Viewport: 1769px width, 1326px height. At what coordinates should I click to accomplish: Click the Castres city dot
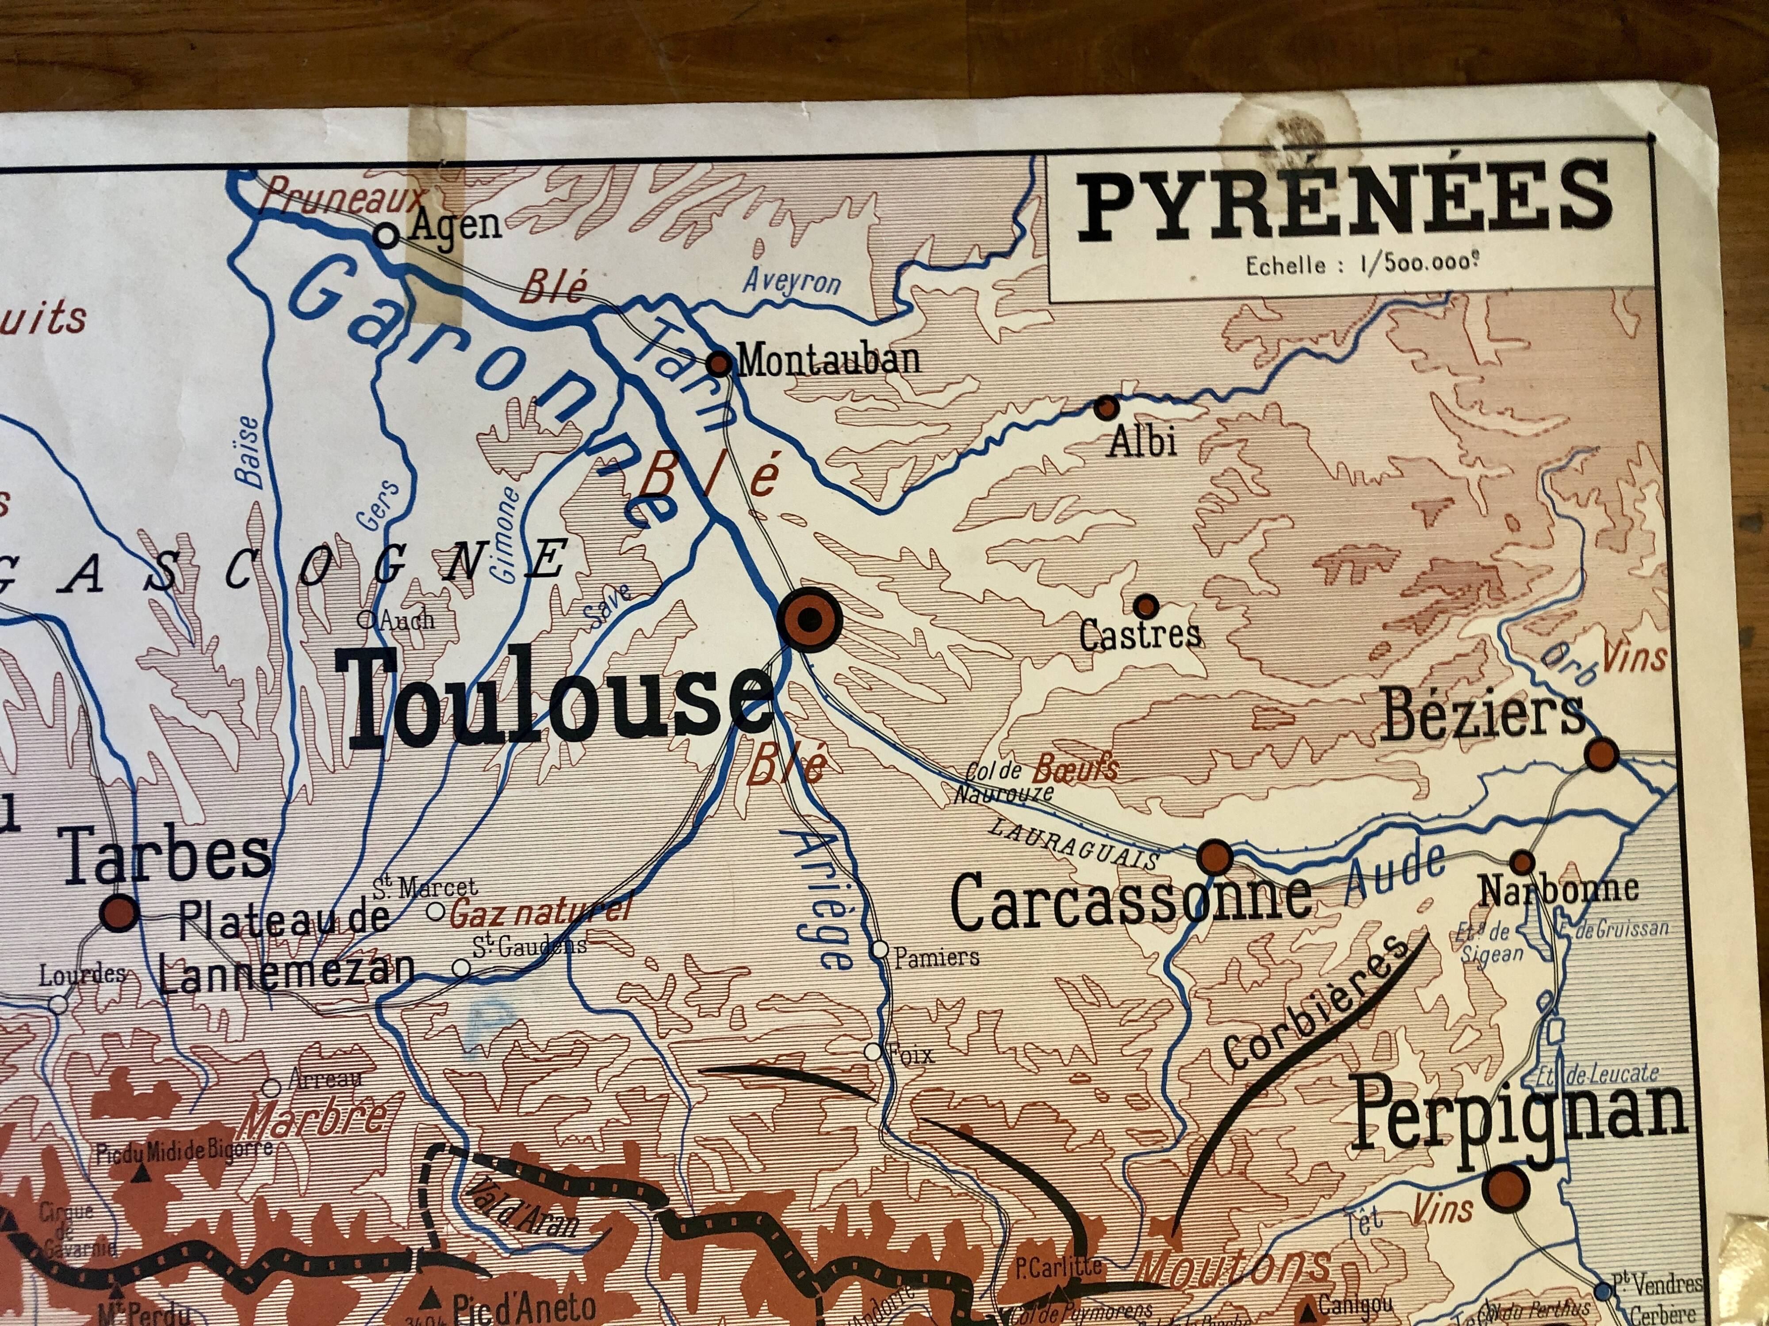click(1146, 605)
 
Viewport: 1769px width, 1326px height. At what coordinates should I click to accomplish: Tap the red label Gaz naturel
click(540, 911)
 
